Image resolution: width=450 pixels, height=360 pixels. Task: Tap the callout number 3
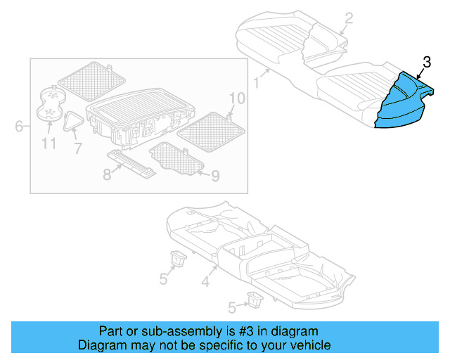click(426, 63)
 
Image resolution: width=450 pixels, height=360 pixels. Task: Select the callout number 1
click(257, 84)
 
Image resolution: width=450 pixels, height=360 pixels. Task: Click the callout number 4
click(205, 283)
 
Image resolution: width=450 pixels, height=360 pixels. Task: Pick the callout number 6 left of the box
click(19, 127)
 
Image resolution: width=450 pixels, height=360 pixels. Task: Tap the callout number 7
click(77, 148)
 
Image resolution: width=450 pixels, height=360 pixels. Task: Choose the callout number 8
click(107, 174)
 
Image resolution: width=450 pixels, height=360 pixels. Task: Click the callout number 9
click(214, 176)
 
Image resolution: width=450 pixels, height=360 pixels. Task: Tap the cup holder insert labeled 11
click(50, 105)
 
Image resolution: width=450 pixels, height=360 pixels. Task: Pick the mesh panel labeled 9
click(176, 157)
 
